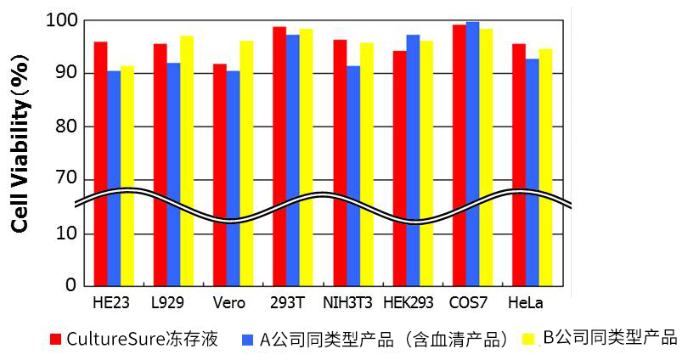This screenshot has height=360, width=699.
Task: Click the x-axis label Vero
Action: [x=229, y=303]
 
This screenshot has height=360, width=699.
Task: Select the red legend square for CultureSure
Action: [x=56, y=340]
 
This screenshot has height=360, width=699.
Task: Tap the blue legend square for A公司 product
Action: [x=248, y=340]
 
